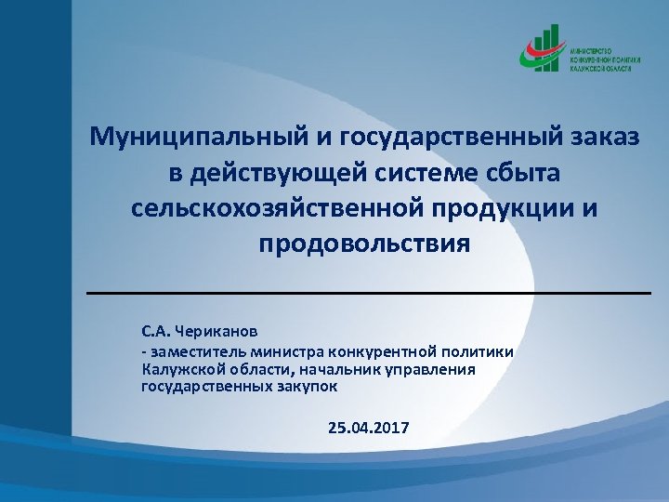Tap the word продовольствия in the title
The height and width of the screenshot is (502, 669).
coord(364,244)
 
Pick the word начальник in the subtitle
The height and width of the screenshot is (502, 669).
coord(317,369)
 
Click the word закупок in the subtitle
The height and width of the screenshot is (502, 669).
coord(310,385)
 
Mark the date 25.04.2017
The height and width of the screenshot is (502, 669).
coord(368,428)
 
